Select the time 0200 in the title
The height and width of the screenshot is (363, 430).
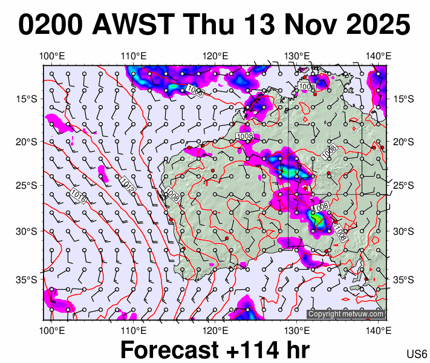(51, 25)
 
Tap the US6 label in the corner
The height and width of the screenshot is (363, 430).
(417, 354)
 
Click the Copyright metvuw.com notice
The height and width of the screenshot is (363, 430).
(346, 314)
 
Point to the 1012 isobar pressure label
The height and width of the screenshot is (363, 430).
(127, 185)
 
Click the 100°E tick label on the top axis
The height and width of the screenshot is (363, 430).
(52, 56)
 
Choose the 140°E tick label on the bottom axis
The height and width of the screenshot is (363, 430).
(378, 330)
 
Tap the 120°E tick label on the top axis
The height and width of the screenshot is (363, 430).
(215, 56)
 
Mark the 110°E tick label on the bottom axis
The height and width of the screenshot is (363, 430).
(134, 330)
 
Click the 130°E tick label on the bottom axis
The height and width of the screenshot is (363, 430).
(296, 330)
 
